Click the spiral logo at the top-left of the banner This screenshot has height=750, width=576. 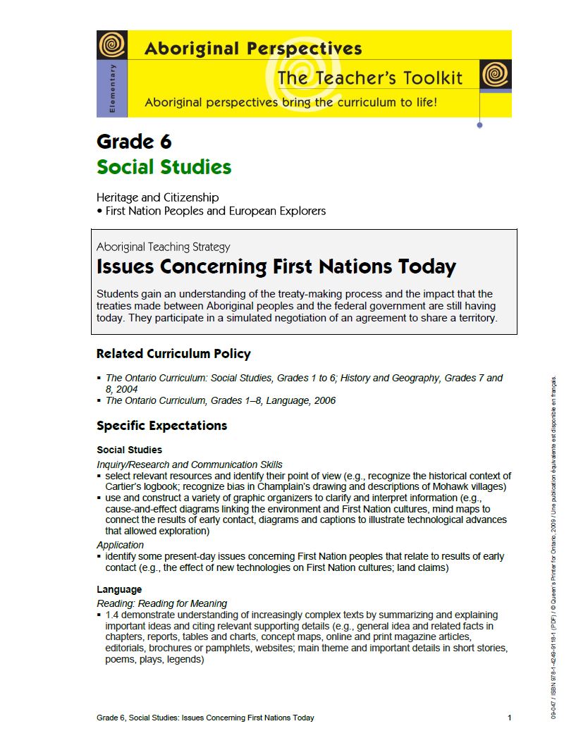pos(112,45)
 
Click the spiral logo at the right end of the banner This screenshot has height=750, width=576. pos(495,74)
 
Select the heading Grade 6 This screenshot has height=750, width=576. pos(134,142)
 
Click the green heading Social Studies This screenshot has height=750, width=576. pos(164,167)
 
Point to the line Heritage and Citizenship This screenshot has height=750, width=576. pos(157,197)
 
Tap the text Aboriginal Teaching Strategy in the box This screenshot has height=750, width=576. pos(163,247)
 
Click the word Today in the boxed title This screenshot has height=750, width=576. pos(426,267)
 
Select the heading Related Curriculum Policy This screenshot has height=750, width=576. pos(173,354)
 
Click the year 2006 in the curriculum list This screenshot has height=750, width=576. pos(324,400)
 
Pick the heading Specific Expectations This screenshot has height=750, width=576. pos(161,426)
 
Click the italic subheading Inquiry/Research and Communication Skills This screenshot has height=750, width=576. pos(190,465)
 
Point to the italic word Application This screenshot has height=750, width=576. pos(120,545)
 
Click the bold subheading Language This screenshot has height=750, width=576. pos(119,589)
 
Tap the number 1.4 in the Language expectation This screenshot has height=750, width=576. pos(113,615)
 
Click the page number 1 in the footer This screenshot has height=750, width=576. pos(509,718)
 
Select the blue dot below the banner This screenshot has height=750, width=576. pos(480,125)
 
